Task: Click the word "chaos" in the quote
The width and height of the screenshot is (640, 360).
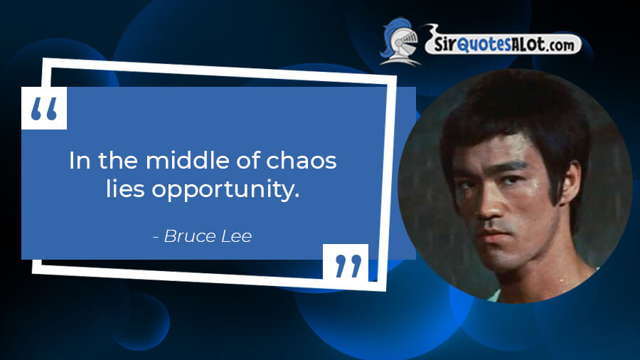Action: [302, 160]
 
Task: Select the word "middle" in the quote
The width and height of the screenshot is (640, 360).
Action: [187, 160]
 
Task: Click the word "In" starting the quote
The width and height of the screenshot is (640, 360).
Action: [80, 160]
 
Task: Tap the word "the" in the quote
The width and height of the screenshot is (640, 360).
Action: [118, 160]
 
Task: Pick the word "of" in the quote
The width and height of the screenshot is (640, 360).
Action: [247, 160]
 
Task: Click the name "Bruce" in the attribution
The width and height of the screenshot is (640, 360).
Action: [189, 236]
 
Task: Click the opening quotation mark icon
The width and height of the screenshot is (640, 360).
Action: [44, 108]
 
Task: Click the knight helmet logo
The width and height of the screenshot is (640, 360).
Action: [400, 41]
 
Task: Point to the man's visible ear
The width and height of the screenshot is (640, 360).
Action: [570, 184]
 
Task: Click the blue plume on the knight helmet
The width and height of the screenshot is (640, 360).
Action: [390, 35]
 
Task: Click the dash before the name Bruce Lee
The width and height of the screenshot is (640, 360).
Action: [156, 237]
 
